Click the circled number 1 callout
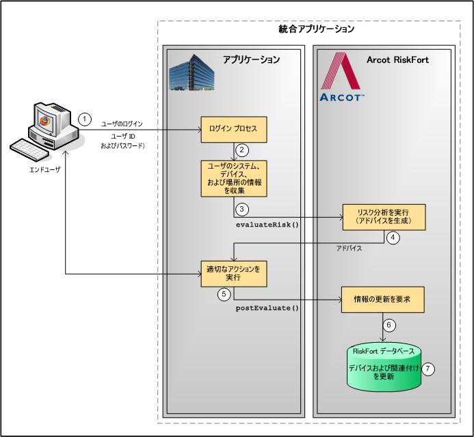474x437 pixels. [x=84, y=118]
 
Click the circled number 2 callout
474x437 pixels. [x=240, y=149]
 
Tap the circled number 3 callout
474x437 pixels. [x=240, y=210]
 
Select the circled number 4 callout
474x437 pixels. [x=393, y=238]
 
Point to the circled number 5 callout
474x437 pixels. [x=224, y=294]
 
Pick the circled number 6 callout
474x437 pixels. [x=389, y=325]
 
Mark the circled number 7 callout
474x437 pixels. [x=428, y=368]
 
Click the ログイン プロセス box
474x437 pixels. [x=233, y=128]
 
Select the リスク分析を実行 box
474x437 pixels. [x=384, y=217]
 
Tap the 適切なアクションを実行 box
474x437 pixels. [x=233, y=273]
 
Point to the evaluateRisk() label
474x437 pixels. [x=267, y=224]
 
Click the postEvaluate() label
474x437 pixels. [x=267, y=308]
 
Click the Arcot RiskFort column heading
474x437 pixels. [x=397, y=59]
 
